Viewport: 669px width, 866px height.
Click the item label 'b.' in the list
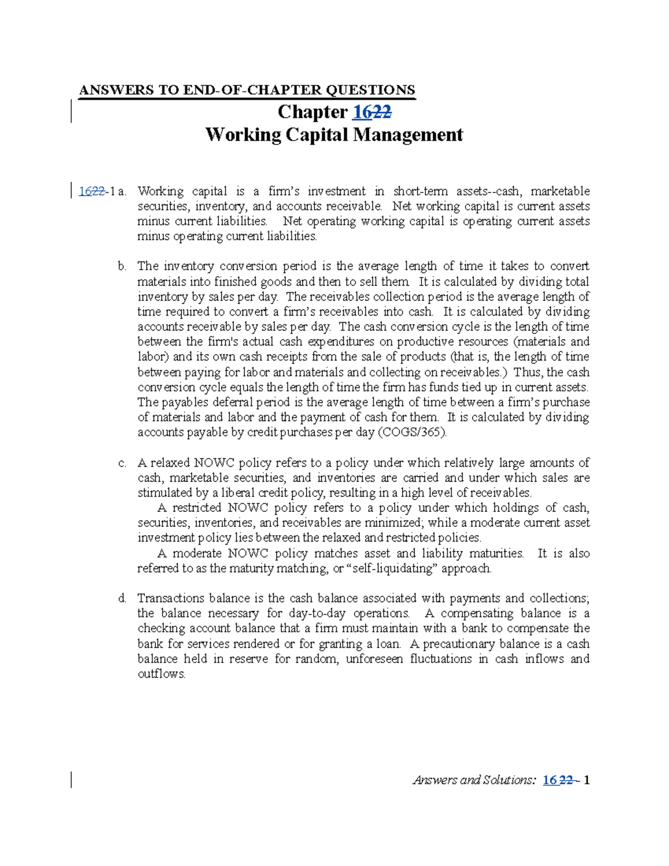122,267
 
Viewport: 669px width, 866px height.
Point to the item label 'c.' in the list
122,463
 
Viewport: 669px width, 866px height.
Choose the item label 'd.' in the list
122,599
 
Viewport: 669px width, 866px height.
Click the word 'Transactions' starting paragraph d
171,598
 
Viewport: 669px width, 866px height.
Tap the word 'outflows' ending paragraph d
161,674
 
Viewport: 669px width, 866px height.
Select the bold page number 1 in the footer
586,780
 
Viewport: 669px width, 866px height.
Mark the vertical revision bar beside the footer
71,780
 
